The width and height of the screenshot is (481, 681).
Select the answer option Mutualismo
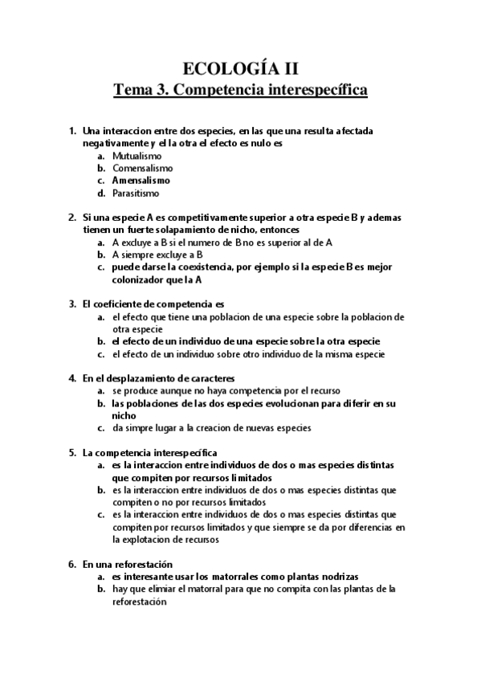(137, 156)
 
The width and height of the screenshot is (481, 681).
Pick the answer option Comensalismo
(142, 169)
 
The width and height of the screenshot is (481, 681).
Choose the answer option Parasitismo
(136, 194)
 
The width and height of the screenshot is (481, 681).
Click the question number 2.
(72, 218)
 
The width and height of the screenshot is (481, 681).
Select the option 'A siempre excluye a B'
(145, 255)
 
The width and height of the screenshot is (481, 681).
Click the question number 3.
(72, 304)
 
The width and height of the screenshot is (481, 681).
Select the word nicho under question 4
(124, 416)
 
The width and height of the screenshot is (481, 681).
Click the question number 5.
(72, 453)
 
